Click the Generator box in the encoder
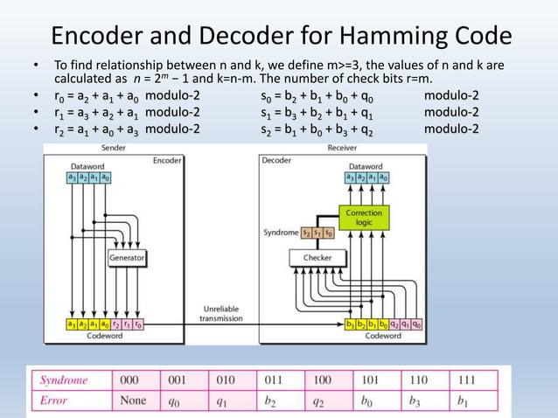127,258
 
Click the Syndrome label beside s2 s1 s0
280,233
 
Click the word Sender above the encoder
114,149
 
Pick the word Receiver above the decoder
341,149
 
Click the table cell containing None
135,401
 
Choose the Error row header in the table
54,401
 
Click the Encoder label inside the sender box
167,161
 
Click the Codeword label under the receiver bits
382,335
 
